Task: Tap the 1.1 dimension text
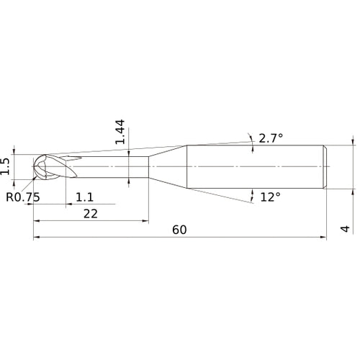[x=85, y=196]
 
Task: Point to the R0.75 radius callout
[x=22, y=197]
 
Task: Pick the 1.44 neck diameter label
[x=120, y=132]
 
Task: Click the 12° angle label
[x=270, y=196]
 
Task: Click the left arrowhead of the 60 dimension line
[x=37, y=237]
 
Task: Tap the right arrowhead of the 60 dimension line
[x=327, y=237]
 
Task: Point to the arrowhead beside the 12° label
[x=253, y=193]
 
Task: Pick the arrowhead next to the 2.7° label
[x=251, y=140]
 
